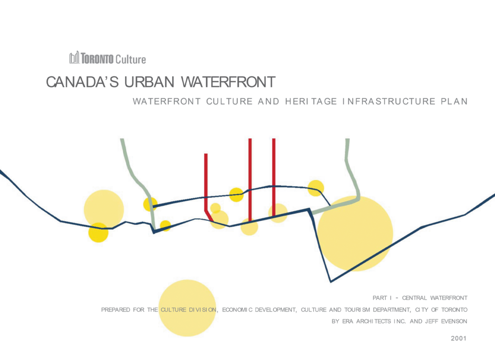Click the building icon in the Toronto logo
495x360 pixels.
click(x=74, y=58)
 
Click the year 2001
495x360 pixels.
click(x=458, y=338)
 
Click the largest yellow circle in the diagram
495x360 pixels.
click(x=355, y=233)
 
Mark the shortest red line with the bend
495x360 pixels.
click(x=206, y=184)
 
